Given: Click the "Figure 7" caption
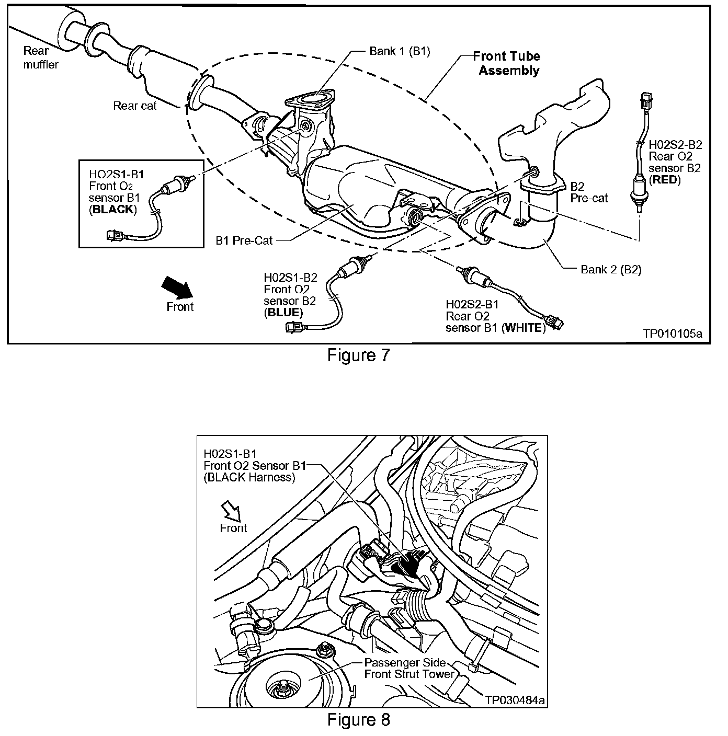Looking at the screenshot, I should (x=358, y=355).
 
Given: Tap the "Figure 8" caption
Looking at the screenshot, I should (x=358, y=720).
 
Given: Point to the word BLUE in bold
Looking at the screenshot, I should (x=283, y=313).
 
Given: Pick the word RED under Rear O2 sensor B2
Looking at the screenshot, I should (x=665, y=180).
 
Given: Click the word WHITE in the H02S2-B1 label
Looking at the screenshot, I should (x=523, y=328).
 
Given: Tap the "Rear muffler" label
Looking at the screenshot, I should (x=40, y=57).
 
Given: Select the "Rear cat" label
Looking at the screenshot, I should (x=135, y=106).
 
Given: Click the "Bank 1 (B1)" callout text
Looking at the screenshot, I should (x=400, y=51).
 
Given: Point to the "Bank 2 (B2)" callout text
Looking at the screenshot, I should (x=611, y=270).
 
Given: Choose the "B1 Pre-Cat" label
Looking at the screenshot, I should (x=244, y=241).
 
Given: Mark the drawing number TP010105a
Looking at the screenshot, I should (x=673, y=333).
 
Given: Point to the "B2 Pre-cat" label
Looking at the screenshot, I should (x=589, y=192).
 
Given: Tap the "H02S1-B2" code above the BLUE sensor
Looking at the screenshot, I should (x=291, y=278).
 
